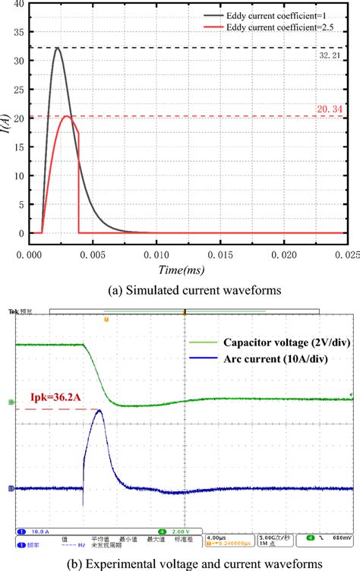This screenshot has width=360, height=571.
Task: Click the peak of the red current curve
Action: coord(67,116)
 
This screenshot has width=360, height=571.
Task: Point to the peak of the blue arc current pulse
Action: coord(97,411)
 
